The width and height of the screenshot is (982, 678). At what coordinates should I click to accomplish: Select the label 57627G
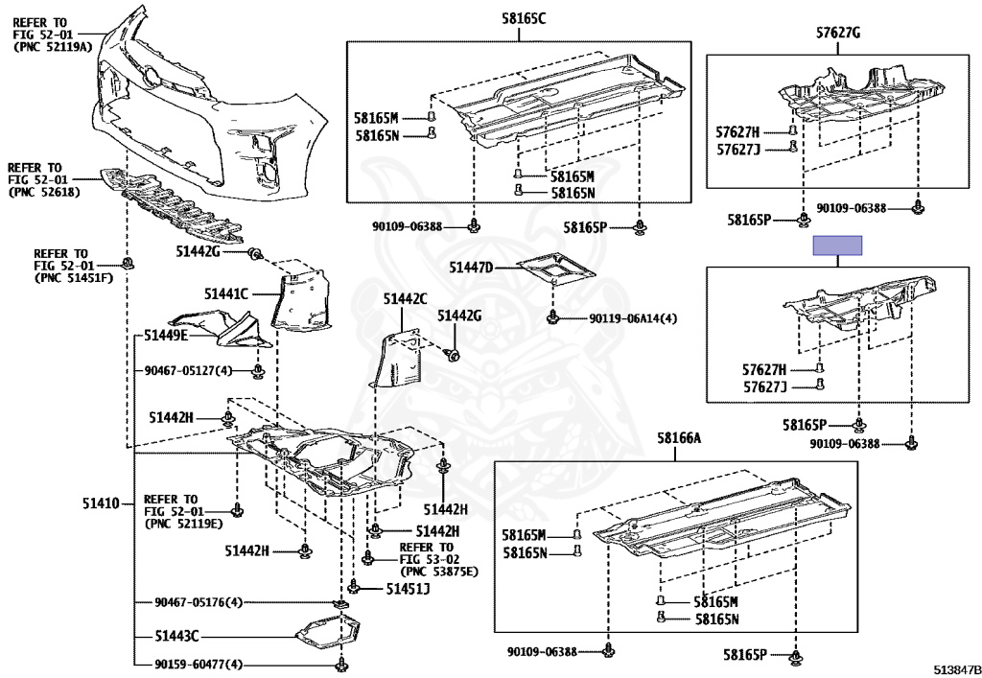click(837, 34)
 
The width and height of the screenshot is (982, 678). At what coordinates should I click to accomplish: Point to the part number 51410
click(100, 503)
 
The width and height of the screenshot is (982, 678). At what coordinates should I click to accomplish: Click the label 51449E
click(167, 336)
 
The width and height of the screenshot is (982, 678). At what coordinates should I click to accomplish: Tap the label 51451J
click(408, 588)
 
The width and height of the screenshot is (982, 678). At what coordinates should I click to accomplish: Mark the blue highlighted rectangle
click(837, 245)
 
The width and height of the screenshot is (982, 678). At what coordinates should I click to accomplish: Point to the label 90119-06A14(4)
click(633, 318)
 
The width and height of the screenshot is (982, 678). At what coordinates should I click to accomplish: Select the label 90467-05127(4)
click(188, 370)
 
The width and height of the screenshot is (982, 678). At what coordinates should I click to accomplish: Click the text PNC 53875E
click(439, 572)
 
